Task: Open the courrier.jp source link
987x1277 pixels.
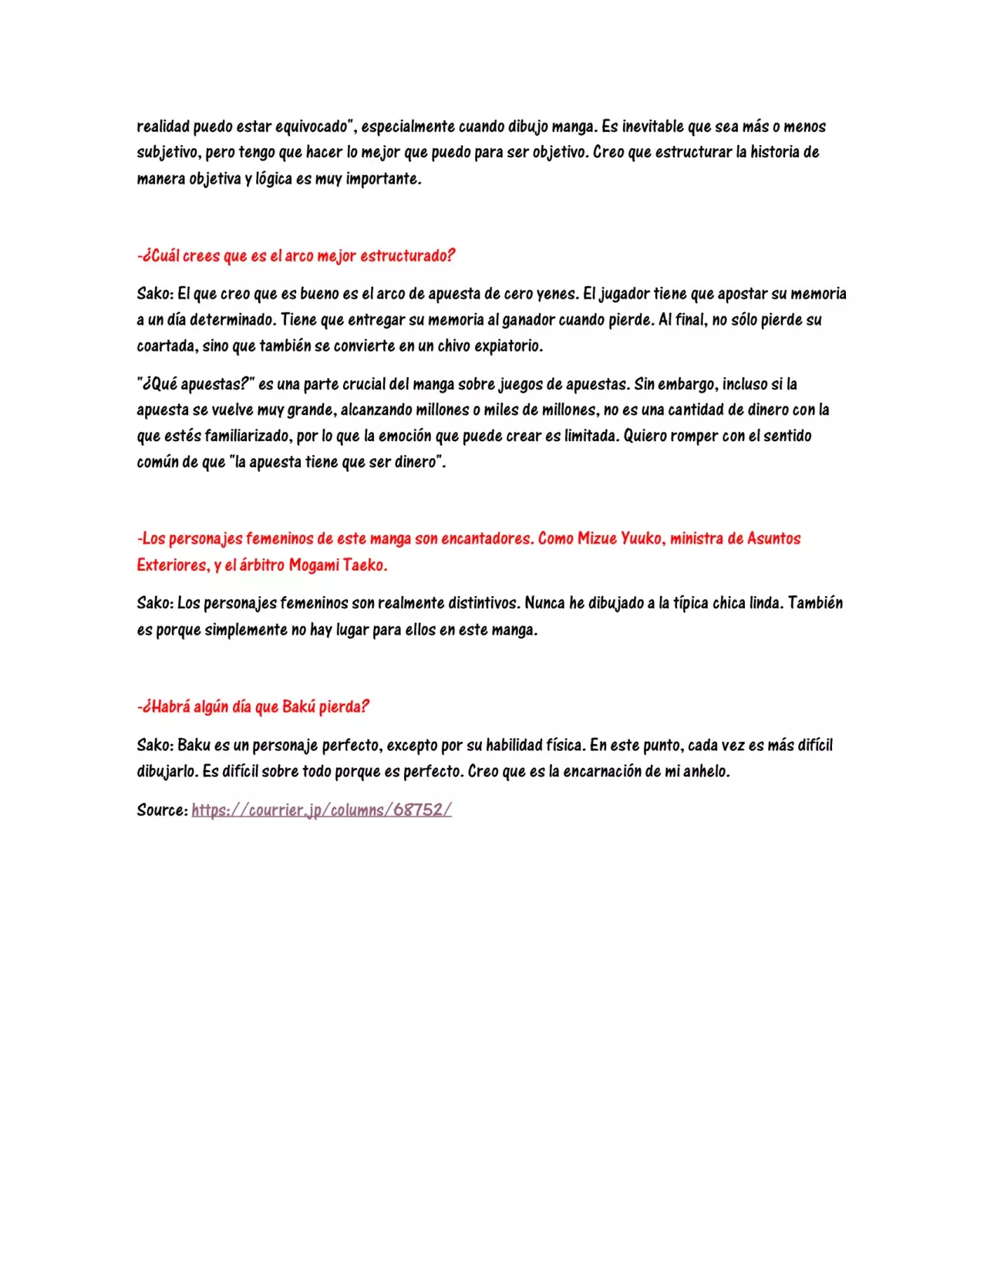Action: click(322, 810)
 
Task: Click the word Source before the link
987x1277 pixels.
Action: click(161, 810)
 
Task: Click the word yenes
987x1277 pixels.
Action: click(555, 294)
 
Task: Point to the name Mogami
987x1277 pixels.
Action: click(313, 565)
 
